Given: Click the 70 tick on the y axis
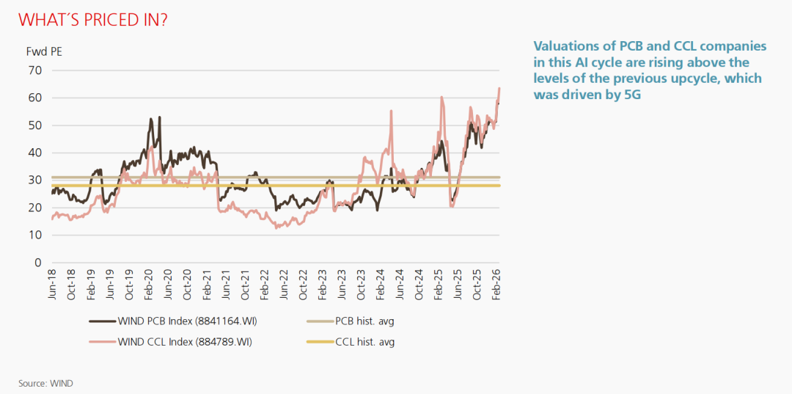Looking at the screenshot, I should (x=35, y=70).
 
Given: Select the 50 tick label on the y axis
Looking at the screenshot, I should (x=35, y=125).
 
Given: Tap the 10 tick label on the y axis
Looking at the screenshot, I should (x=35, y=235).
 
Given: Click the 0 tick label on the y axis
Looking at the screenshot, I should (x=38, y=263).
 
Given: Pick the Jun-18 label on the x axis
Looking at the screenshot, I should (x=53, y=283).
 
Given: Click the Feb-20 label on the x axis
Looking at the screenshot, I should (x=148, y=283).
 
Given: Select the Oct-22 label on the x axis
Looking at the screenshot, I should (x=302, y=283).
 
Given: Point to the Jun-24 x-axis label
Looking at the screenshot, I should (x=399, y=283).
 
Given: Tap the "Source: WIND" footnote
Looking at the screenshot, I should (x=45, y=383).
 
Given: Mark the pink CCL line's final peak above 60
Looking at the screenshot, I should (x=499, y=89).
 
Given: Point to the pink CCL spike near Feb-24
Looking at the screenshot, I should (x=392, y=111).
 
